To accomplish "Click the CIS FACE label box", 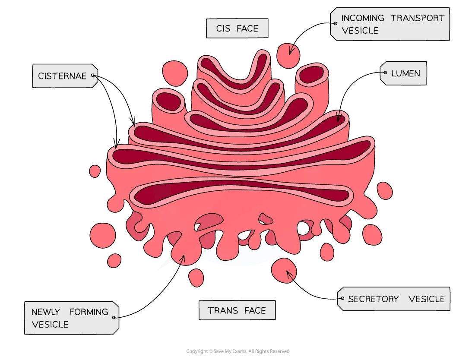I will (x=237, y=28).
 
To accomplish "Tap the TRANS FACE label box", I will (x=237, y=310).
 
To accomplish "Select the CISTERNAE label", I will (x=62, y=76).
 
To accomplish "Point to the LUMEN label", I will (x=405, y=73).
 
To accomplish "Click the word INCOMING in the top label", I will (x=362, y=18).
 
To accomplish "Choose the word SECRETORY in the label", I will (x=374, y=299).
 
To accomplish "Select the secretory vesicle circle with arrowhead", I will (x=284, y=270).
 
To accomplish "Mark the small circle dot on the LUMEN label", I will (x=385, y=73).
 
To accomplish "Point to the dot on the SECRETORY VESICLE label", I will (x=342, y=298).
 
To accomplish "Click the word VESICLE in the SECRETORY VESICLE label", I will (x=426, y=299).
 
